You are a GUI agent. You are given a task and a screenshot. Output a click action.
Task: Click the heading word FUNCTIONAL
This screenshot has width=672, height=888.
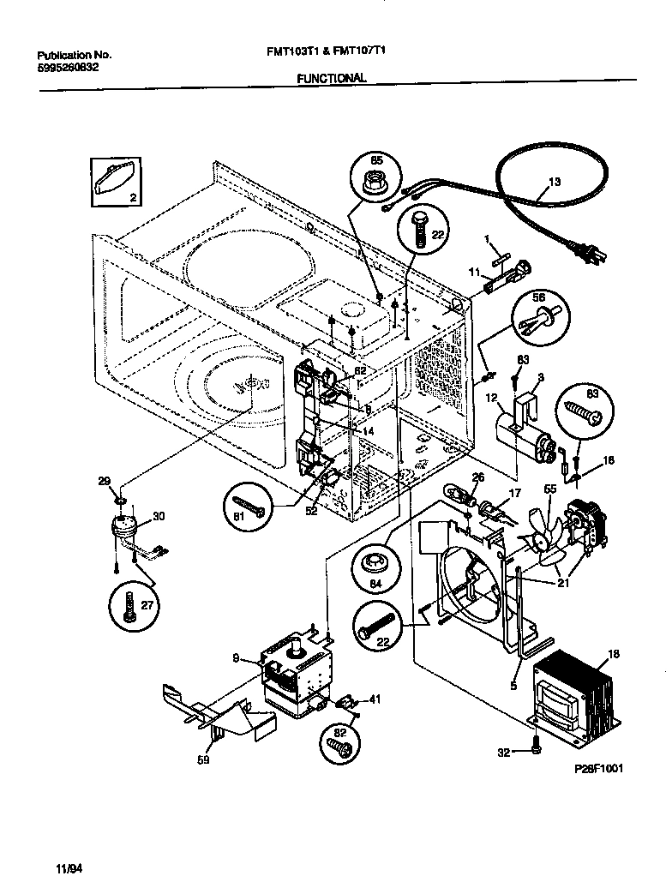[x=331, y=78]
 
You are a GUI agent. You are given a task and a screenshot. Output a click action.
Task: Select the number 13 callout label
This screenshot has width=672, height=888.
[x=554, y=182]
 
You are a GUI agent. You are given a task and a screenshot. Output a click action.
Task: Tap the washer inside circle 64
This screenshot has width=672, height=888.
[x=375, y=564]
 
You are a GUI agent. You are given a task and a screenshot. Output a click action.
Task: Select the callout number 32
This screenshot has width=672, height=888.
[x=504, y=752]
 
